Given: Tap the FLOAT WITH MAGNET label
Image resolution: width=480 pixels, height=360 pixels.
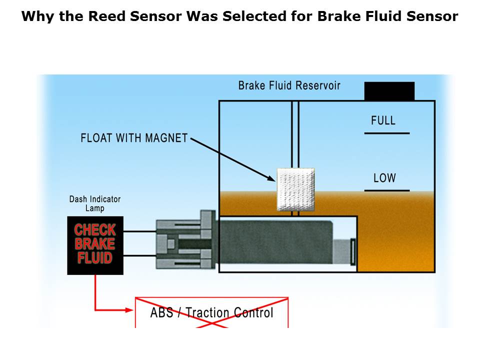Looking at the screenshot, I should click(x=134, y=137).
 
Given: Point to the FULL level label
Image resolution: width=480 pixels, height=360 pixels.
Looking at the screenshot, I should click(x=383, y=120).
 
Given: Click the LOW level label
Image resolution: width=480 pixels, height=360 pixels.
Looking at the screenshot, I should click(x=384, y=177).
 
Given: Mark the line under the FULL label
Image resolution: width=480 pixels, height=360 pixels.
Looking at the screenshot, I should click(x=386, y=133).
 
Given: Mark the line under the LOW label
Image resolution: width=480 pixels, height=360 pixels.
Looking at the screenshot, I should click(x=386, y=190).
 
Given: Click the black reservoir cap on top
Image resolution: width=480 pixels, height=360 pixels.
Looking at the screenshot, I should click(x=389, y=91).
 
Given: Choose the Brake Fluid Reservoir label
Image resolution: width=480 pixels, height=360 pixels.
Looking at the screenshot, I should click(x=289, y=85).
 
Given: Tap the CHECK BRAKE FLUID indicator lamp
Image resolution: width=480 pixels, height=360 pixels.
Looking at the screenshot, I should click(x=95, y=245).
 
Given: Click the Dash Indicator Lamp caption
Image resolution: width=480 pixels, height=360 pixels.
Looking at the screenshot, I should click(x=95, y=203).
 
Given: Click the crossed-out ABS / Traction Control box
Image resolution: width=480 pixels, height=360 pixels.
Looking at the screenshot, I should click(x=211, y=313).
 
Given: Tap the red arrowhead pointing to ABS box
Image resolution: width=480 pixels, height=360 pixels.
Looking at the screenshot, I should click(x=129, y=310).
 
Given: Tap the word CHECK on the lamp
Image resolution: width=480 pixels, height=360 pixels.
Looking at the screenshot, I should click(x=95, y=230).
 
